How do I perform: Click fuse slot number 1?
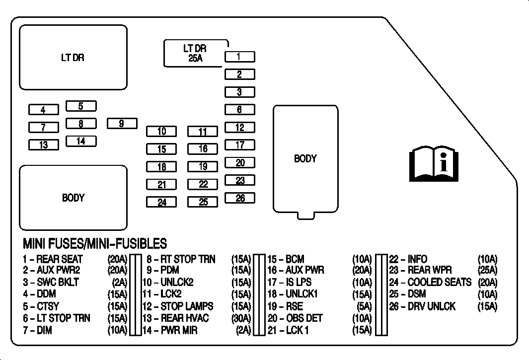[x=240, y=57]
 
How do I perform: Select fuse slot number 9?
[x=122, y=124]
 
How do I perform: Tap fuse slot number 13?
[x=44, y=144]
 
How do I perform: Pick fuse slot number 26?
[x=240, y=198]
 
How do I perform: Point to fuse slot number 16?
[x=203, y=149]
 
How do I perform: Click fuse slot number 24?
[x=161, y=202]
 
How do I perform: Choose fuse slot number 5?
[x=81, y=106]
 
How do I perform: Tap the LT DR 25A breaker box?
[x=196, y=53]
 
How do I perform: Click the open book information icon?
[x=434, y=164]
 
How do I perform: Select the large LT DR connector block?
[x=73, y=58]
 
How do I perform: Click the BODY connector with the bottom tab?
[x=305, y=162]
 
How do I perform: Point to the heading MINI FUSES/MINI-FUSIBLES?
[x=95, y=244]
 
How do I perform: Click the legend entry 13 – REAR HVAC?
[x=175, y=318]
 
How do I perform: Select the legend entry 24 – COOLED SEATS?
[x=430, y=282]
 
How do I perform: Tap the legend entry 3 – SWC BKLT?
[x=51, y=282]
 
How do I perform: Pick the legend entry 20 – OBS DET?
[x=295, y=318]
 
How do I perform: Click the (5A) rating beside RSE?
[x=364, y=306]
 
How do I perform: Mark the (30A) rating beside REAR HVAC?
[x=241, y=318]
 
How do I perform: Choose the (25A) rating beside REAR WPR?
[x=487, y=270]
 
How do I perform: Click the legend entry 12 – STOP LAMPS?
[x=178, y=306]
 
